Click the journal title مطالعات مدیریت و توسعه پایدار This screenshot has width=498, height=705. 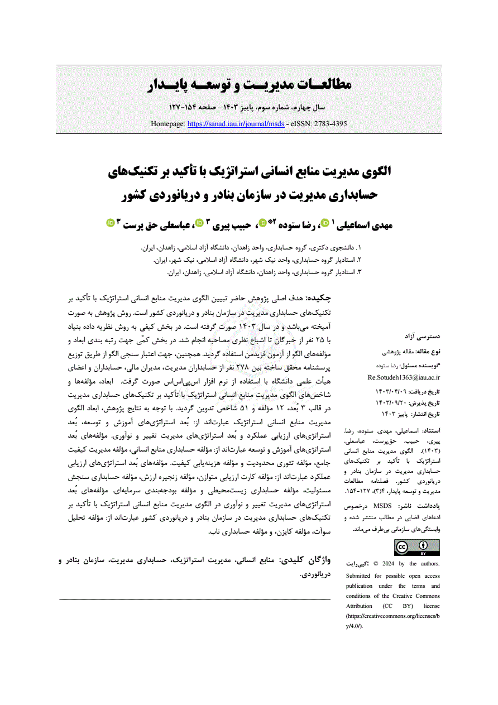point(249,85)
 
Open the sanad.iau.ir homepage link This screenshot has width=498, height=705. point(236,123)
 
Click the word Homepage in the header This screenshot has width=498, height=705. point(168,123)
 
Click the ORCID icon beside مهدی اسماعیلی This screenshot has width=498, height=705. point(325,223)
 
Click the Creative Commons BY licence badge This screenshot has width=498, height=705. point(417,548)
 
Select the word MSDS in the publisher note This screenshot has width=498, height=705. point(382,505)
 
